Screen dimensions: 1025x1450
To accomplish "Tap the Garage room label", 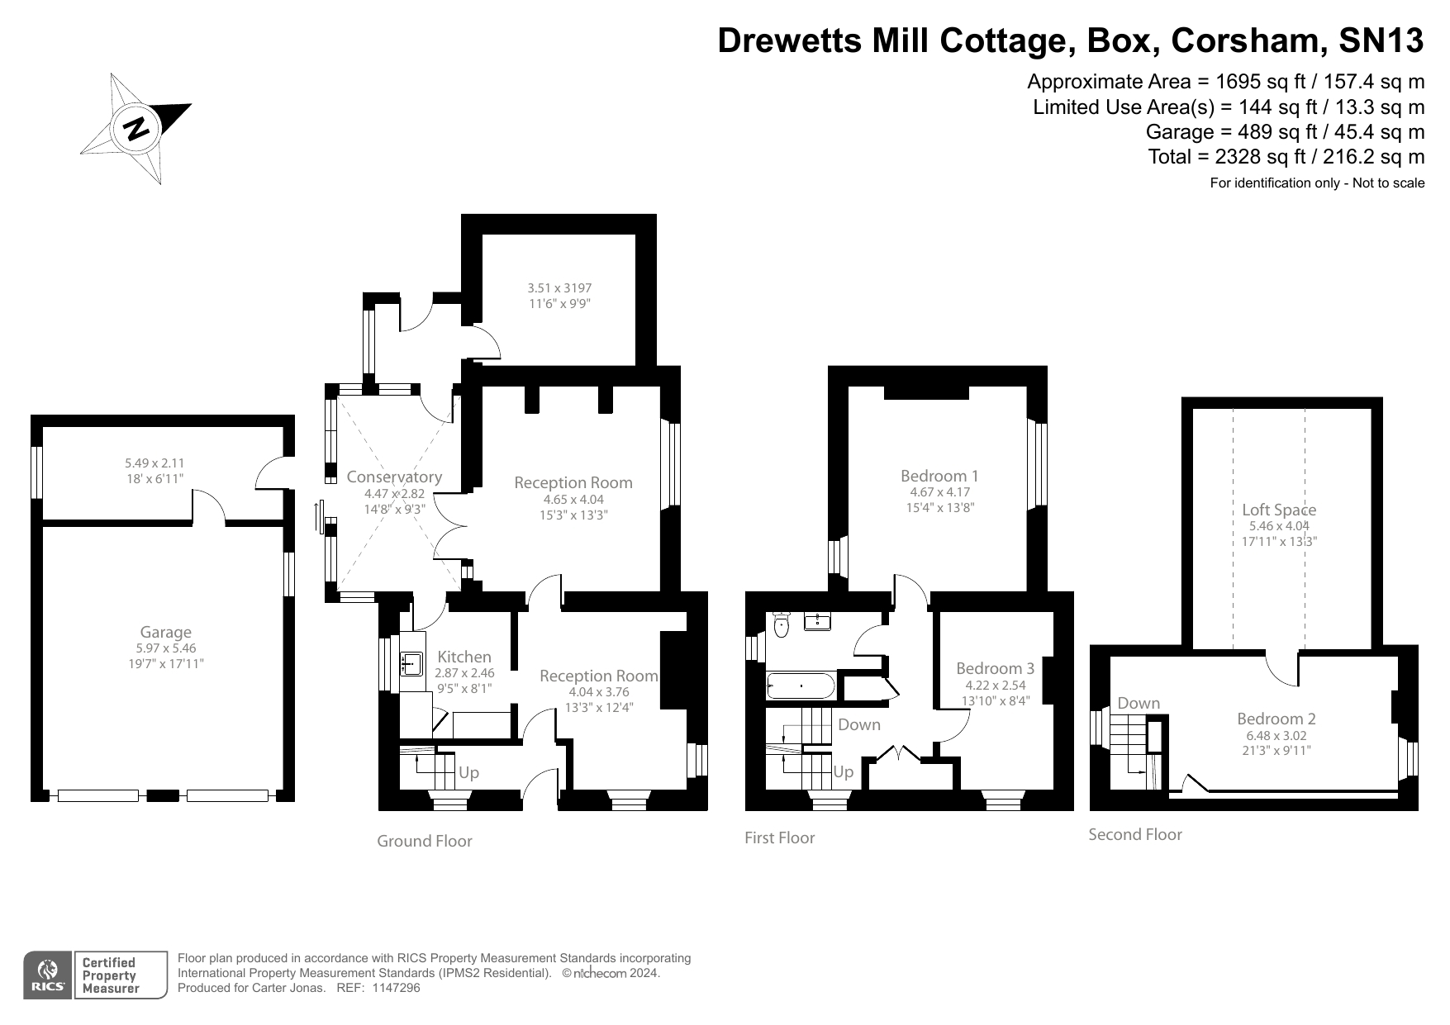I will pyautogui.click(x=165, y=633).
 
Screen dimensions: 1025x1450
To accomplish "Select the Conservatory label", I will pyautogui.click(x=394, y=477).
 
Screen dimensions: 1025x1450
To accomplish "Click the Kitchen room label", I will pyautogui.click(x=464, y=657).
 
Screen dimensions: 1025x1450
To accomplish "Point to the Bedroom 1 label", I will pyautogui.click(x=939, y=476).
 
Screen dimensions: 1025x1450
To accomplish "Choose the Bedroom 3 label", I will pyautogui.click(x=995, y=668).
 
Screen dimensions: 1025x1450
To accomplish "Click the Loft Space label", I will pyautogui.click(x=1279, y=510).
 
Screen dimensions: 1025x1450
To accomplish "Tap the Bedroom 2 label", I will pyautogui.click(x=1276, y=719).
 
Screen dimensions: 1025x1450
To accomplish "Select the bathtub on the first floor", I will pyautogui.click(x=801, y=686).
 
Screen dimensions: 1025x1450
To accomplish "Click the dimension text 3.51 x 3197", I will pyautogui.click(x=559, y=288).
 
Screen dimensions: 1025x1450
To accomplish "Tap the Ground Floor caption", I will pyautogui.click(x=425, y=841).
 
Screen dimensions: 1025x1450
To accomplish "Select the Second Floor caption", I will pyautogui.click(x=1134, y=834).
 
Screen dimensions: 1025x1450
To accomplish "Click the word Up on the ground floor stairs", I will pyautogui.click(x=468, y=773).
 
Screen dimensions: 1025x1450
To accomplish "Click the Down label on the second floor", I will pyautogui.click(x=1139, y=703).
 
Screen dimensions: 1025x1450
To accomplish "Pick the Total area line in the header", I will pyautogui.click(x=1286, y=156).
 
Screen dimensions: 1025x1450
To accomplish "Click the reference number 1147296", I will pyautogui.click(x=397, y=988).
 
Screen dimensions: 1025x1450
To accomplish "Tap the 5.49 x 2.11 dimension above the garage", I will pyautogui.click(x=155, y=463).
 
